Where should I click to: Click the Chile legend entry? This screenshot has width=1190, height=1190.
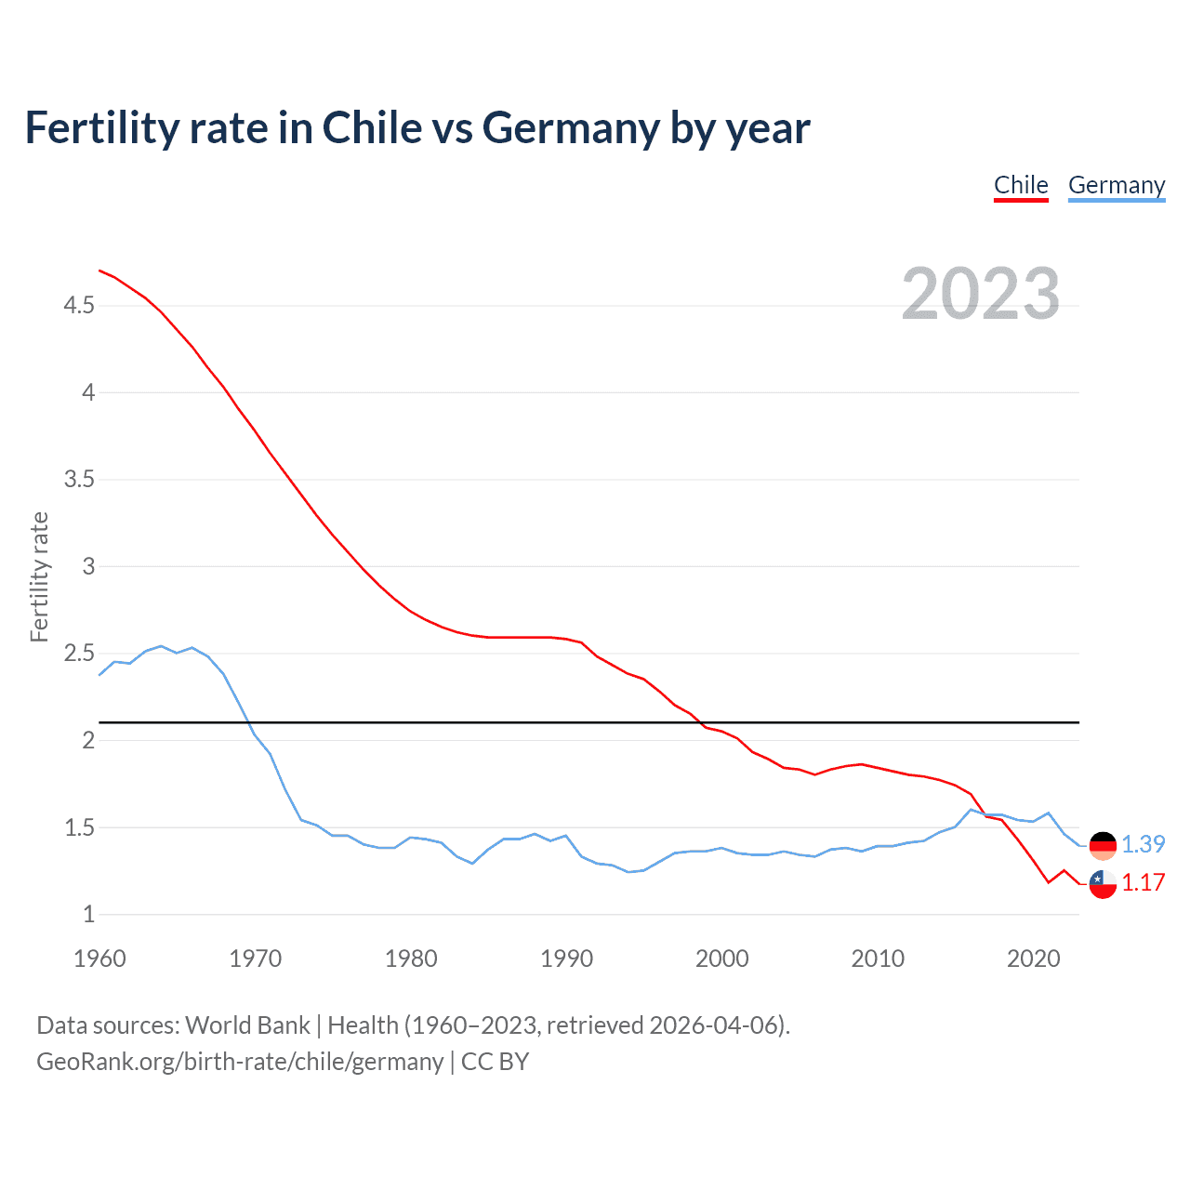point(1021,185)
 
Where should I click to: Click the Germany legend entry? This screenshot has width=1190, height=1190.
point(1116,185)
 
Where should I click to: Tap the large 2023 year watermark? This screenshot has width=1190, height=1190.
point(981,294)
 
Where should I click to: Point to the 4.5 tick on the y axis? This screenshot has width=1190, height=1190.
point(79,305)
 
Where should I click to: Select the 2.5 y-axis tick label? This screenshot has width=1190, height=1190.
point(79,654)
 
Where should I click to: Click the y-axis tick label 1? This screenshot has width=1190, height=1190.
point(89,915)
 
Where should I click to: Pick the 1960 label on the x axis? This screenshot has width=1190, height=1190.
point(99,959)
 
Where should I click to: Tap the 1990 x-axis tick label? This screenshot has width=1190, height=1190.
point(566,959)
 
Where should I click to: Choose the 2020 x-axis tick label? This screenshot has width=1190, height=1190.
point(1033,959)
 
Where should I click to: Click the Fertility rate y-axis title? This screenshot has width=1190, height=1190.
point(39,576)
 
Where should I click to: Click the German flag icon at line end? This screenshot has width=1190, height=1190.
point(1103,845)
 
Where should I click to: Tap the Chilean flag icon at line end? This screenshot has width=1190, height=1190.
point(1103,884)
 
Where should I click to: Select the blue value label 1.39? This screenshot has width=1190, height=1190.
point(1143,844)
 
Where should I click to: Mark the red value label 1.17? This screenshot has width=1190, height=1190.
point(1143,883)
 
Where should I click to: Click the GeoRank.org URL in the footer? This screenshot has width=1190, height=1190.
point(240,1062)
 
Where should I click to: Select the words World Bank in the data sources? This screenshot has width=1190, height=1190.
point(247,1025)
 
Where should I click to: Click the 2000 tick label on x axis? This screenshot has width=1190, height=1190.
point(721,959)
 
